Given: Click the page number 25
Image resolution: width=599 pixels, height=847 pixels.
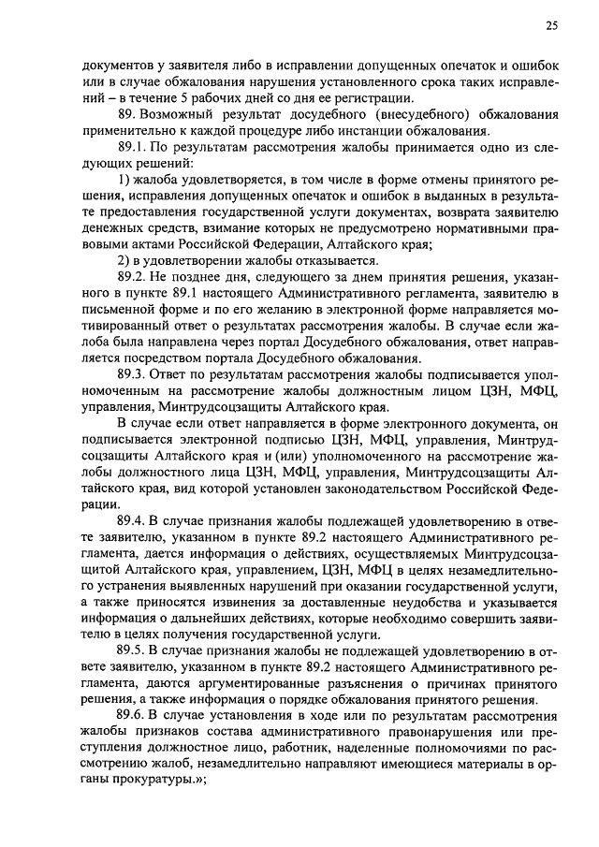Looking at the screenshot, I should coord(552,26).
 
